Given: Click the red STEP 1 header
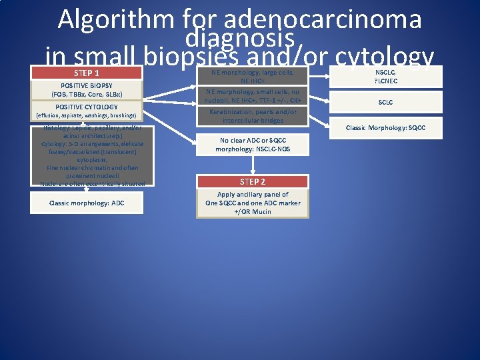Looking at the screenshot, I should [x=87, y=73].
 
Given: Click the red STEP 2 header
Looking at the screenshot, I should [x=253, y=181].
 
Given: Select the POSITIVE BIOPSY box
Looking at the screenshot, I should [x=87, y=90].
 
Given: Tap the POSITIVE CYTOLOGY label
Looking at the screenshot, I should [x=87, y=107].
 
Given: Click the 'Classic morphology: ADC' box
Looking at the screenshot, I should [x=87, y=203].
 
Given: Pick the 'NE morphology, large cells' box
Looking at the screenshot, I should [x=253, y=76].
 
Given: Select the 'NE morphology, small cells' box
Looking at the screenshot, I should [x=253, y=95].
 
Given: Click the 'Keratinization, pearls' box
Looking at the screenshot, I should [x=253, y=116].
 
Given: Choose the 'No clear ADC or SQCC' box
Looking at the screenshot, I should [x=253, y=145].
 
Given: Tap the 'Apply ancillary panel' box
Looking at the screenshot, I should [x=253, y=203].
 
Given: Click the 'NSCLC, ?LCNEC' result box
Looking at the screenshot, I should [x=385, y=76].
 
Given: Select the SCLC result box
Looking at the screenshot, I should [x=385, y=103].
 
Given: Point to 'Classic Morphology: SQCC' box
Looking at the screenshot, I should [x=385, y=127].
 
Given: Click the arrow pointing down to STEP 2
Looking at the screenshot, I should [x=253, y=166].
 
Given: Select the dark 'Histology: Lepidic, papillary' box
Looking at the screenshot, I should [x=87, y=155].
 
